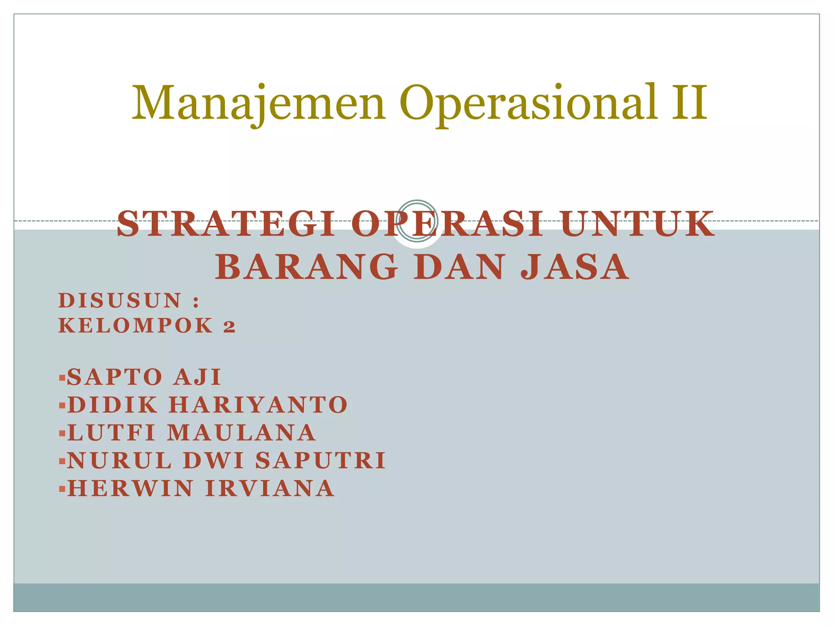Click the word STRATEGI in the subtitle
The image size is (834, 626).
click(226, 224)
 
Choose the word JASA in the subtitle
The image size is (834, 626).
click(575, 267)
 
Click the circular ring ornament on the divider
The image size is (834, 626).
click(417, 221)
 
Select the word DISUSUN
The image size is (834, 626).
click(120, 301)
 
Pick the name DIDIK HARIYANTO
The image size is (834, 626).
click(207, 405)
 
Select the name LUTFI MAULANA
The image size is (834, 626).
click(191, 432)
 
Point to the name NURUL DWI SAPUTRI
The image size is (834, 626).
click(226, 461)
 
